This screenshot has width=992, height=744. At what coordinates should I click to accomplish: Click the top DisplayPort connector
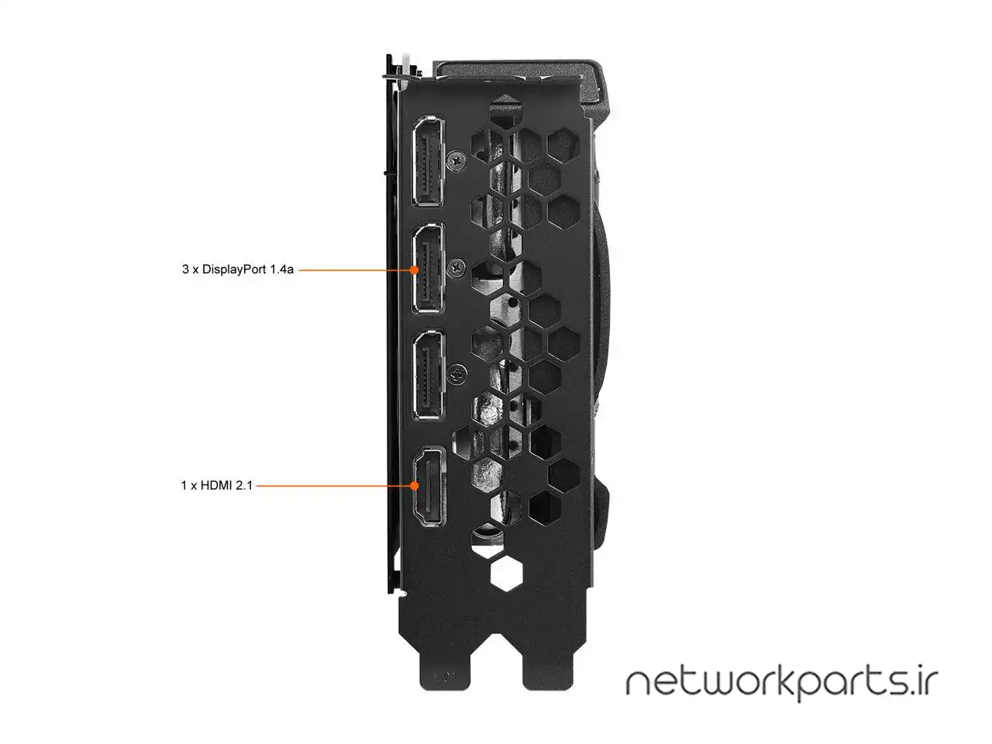tap(428, 161)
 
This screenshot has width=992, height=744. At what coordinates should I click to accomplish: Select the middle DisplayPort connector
tap(428, 268)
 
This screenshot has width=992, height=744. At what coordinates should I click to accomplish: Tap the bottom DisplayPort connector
tap(428, 375)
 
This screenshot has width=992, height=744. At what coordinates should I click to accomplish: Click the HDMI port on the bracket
tap(429, 487)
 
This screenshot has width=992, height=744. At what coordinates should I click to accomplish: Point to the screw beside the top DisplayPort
tap(457, 160)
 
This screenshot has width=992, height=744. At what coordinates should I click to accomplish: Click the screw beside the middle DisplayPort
tap(457, 268)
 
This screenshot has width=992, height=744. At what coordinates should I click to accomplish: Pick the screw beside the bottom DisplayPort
tap(457, 375)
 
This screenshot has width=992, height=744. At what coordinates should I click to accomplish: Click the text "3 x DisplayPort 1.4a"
tap(238, 270)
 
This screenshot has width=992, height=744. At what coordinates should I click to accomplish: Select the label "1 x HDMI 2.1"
tap(216, 486)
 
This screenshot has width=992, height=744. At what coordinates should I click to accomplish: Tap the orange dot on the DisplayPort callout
tap(414, 270)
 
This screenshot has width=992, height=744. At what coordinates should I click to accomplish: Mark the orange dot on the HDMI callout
tap(414, 486)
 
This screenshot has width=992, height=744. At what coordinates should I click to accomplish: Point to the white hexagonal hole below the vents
tap(507, 573)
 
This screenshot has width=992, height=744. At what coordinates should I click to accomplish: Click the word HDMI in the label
tap(215, 486)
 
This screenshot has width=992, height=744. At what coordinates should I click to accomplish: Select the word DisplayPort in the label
tap(234, 270)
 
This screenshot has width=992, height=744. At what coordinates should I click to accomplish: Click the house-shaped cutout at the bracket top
tap(506, 110)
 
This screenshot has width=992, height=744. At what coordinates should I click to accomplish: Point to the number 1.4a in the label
tap(282, 269)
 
